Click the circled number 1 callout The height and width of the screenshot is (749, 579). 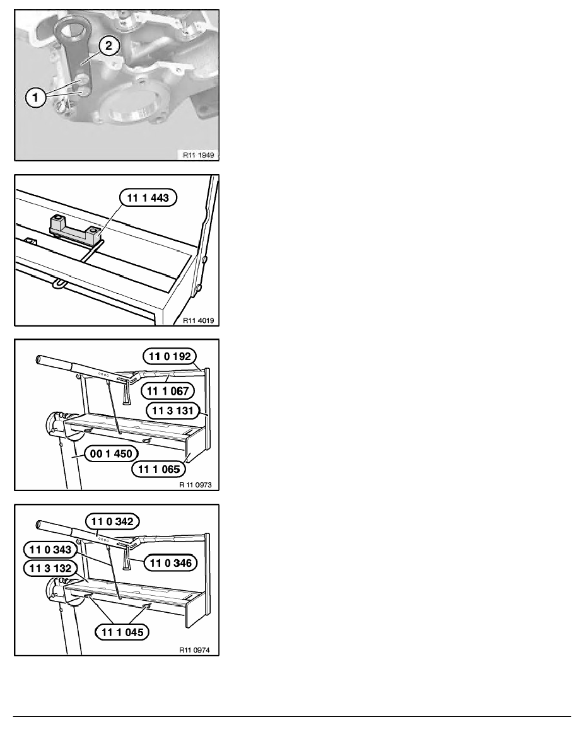(35, 98)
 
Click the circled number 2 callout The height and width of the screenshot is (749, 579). (109, 46)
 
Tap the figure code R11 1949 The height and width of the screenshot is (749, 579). (198, 154)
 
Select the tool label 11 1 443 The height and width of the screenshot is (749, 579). (148, 198)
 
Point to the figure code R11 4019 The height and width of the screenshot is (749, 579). (198, 320)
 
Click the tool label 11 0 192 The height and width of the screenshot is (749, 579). (170, 356)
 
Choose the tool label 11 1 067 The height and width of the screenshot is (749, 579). (168, 391)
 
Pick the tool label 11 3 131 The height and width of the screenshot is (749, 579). (172, 410)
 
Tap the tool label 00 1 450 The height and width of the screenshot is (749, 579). (111, 453)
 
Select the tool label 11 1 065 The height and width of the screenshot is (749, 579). (158, 469)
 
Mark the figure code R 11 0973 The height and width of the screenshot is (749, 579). (196, 485)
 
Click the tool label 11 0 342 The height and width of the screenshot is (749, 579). (112, 521)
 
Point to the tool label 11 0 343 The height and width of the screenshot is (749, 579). (50, 550)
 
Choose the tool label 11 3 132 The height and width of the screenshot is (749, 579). (50, 569)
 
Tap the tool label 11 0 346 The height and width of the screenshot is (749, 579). (170, 563)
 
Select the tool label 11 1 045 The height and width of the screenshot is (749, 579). (122, 632)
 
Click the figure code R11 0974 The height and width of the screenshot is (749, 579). (194, 649)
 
